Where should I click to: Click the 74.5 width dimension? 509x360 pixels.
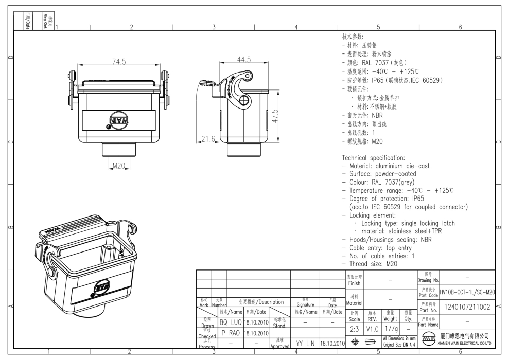click(119, 62)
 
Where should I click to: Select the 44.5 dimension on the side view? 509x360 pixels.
click(243, 60)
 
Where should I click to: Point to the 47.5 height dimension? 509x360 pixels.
click(275, 116)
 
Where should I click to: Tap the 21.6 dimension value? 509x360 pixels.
click(207, 139)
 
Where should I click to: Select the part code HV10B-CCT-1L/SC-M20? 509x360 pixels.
click(467, 292)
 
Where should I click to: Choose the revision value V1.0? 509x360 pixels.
click(372, 328)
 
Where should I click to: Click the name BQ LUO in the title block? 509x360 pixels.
click(231, 322)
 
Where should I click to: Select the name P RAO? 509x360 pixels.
click(231, 333)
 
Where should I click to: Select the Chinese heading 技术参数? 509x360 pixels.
click(353, 37)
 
